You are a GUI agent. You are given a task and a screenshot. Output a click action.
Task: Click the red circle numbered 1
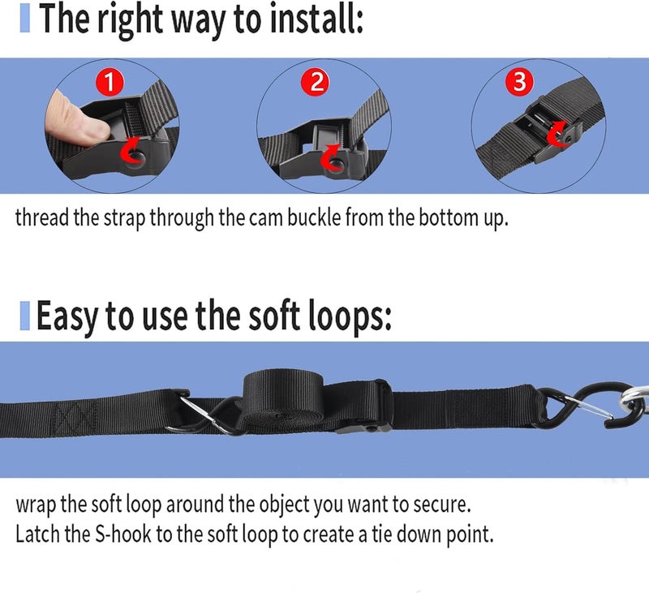coord(110,82)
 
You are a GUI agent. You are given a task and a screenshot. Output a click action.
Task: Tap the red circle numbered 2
coord(316,81)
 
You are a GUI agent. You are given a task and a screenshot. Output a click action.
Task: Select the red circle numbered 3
coord(520,81)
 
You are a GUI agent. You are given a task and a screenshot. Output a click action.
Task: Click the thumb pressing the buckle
coord(76,118)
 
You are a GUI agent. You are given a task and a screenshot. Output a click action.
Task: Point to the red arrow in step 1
coord(131,151)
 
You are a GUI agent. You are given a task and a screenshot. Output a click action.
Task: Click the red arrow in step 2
coord(331,157)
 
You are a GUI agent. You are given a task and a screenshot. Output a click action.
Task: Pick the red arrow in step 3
coord(557,133)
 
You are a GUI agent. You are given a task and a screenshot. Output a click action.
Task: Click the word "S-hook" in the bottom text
coord(123,535)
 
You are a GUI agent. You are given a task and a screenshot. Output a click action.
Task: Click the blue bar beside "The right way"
coord(25,19)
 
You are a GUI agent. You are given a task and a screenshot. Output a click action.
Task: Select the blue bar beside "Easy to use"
coord(25,316)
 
